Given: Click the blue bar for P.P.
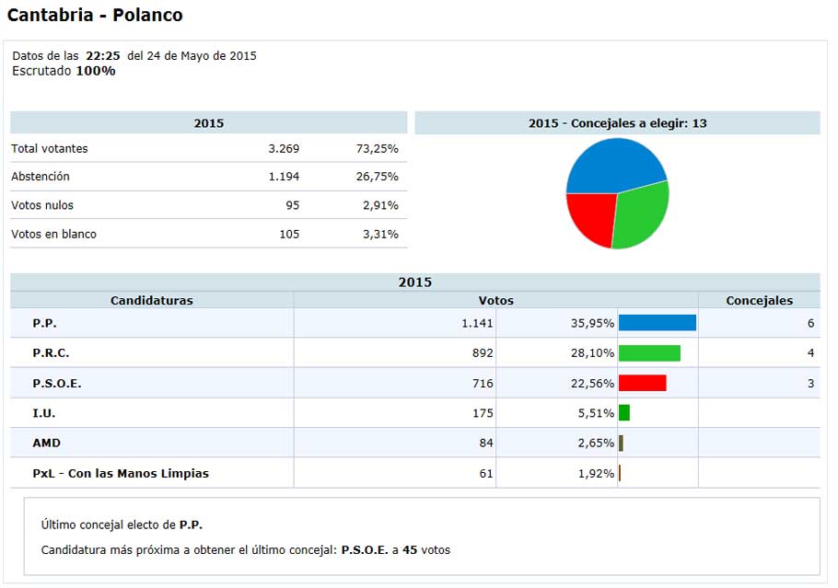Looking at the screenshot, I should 657,322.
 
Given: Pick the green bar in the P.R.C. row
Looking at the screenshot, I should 649,352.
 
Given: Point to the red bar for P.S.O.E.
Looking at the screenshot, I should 642,383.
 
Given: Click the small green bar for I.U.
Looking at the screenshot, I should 624,413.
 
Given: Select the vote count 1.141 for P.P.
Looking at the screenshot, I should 477,323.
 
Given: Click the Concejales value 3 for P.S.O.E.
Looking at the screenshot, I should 810,383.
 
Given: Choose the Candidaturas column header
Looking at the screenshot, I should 152,300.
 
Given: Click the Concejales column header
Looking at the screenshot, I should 759,300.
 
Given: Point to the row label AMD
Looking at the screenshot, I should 46,443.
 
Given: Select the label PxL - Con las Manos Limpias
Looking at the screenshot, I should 121,473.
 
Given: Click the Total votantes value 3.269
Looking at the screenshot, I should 284,148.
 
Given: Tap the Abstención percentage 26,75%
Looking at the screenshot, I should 377,176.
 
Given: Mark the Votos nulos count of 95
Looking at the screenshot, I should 292,205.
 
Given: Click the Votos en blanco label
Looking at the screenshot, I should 53,234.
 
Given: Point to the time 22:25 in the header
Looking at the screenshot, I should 103,55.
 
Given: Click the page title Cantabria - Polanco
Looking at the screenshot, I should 95,16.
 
